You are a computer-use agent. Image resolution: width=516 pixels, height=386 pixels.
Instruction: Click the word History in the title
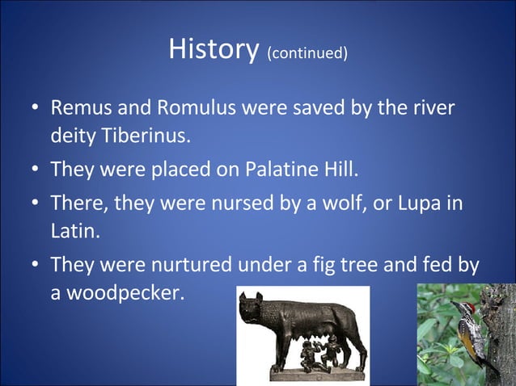[214, 49]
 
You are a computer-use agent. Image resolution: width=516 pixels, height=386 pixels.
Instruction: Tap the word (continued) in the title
[307, 54]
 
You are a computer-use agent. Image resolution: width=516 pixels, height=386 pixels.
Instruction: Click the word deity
[73, 136]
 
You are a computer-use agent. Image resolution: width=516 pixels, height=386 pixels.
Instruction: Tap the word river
[433, 107]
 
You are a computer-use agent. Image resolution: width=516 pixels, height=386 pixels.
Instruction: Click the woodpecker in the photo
[473, 327]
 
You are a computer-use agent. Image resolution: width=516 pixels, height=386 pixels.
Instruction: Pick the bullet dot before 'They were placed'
[36, 171]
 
